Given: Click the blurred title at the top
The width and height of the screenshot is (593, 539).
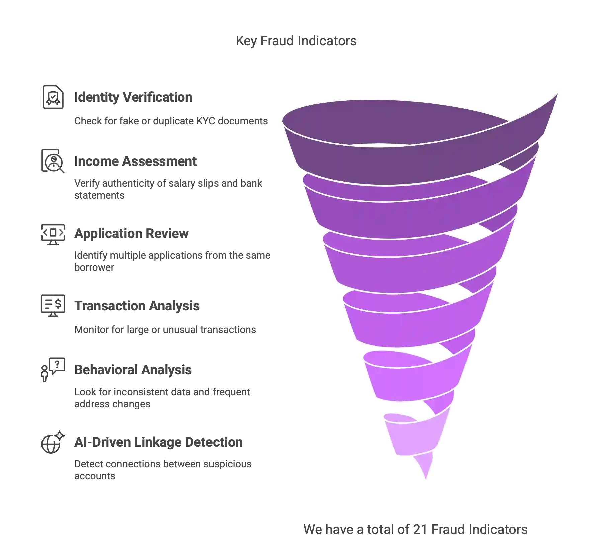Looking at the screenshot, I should pyautogui.click(x=297, y=41).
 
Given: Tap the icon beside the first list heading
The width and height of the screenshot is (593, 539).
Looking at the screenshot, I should pyautogui.click(x=52, y=97).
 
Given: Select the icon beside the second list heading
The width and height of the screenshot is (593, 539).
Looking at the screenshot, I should pyautogui.click(x=52, y=161).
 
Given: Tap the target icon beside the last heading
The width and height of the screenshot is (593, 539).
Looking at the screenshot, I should pyautogui.click(x=52, y=442).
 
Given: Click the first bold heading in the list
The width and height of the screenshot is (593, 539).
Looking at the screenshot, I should pyautogui.click(x=133, y=97).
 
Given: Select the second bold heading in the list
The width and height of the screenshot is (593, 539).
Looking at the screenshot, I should pyautogui.click(x=136, y=161).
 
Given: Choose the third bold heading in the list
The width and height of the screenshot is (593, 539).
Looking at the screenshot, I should pyautogui.click(x=131, y=233).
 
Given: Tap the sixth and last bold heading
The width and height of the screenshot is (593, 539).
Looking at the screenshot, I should pyautogui.click(x=158, y=442).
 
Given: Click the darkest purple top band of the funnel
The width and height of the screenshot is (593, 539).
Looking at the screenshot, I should pyautogui.click(x=368, y=160).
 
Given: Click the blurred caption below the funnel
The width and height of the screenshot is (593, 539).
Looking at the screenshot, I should pyautogui.click(x=415, y=529).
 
